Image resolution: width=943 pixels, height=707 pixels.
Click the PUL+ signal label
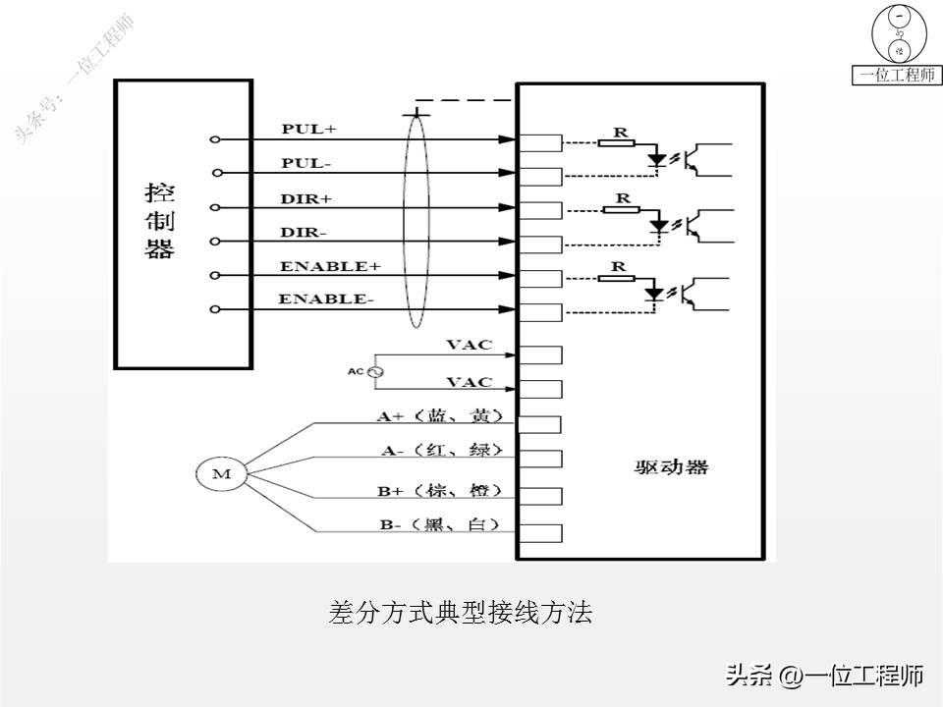point(308,129)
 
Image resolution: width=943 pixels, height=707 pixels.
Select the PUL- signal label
point(307,162)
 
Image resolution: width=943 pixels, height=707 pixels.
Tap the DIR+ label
point(306,197)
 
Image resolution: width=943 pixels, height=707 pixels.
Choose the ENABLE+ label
point(329,266)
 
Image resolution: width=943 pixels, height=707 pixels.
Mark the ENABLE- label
point(326,299)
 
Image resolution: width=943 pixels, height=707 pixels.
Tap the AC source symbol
point(373,372)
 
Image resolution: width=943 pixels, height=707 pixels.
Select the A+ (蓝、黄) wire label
point(441,415)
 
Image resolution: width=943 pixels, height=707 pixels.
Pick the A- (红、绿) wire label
point(441,450)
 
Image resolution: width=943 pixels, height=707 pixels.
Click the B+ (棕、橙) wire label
point(441,489)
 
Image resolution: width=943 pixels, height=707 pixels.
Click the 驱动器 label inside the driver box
point(671,467)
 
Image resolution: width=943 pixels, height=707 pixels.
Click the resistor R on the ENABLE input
point(618,278)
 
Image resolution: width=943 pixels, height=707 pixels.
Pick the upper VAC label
point(469,346)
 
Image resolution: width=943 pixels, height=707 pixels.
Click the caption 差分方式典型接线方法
point(460,614)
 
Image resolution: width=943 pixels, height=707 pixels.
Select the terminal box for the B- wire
point(539,533)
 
